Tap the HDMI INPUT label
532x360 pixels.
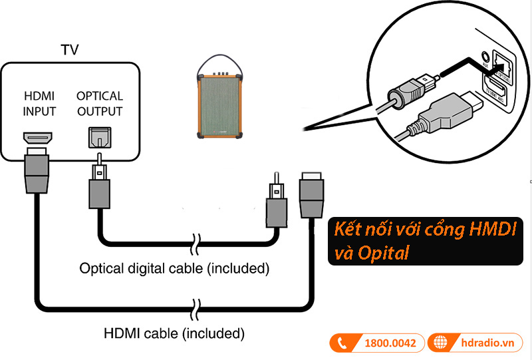pos(39,103)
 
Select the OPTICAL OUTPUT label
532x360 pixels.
pos(99,103)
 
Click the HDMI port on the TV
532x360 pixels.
pos(39,138)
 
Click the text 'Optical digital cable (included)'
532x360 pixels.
pos(174,270)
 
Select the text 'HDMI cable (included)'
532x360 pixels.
pos(174,331)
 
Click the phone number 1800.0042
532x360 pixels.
pos(390,343)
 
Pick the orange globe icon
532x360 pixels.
pos(440,343)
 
